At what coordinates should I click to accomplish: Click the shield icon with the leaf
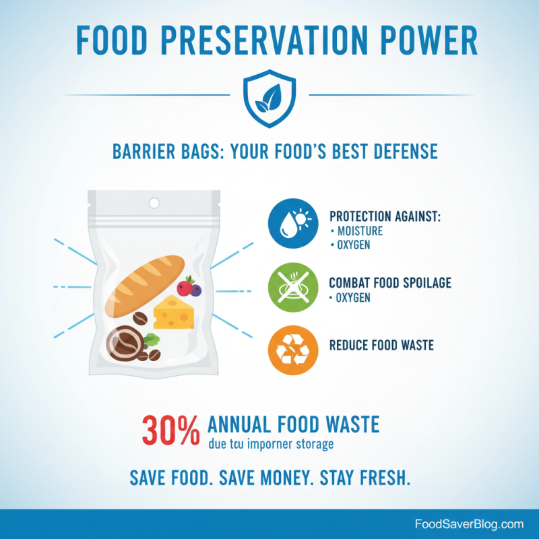(x=269, y=100)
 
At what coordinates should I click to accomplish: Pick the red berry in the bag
(x=184, y=288)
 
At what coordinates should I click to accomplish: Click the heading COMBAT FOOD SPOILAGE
(x=390, y=284)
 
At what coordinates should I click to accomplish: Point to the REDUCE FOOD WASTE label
(x=381, y=345)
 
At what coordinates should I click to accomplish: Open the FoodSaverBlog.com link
(x=468, y=524)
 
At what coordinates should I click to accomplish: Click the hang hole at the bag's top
(x=154, y=203)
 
